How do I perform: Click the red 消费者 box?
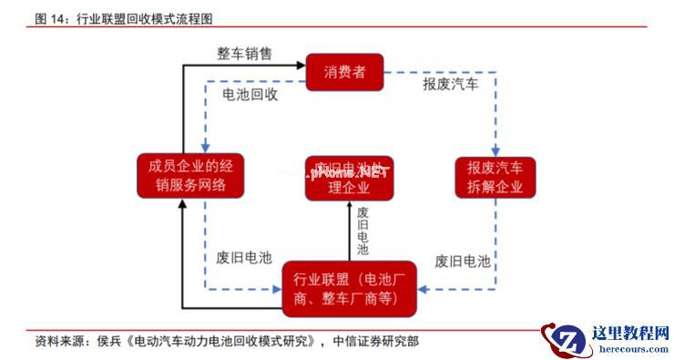click(344, 72)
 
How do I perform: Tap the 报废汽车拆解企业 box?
click(495, 177)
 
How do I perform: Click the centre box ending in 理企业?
click(349, 179)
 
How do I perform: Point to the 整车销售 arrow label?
click(244, 54)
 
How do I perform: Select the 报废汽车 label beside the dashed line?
click(450, 84)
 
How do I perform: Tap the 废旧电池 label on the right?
click(463, 262)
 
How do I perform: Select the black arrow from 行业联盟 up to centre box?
click(349, 232)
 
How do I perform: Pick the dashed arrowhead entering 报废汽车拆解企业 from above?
click(496, 150)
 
